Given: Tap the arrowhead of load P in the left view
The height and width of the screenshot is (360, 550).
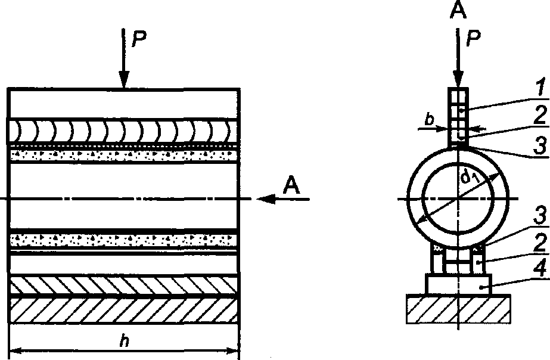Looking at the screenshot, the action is point(124,79).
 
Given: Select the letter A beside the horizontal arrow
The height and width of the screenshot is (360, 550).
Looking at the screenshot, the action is point(291,185).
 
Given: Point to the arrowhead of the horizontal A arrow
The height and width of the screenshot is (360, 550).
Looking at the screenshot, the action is point(266,199).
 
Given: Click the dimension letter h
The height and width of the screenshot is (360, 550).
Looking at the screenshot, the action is point(123,340).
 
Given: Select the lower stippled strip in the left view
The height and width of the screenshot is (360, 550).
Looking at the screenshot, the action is point(123,240).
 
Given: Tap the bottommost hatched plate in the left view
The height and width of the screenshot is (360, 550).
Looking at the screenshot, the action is point(123,310).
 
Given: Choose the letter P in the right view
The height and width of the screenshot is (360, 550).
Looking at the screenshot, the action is point(473,38).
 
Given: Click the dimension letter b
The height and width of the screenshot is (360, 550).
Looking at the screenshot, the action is point(429,120).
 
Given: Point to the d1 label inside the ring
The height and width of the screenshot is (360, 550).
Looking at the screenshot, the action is point(470,177).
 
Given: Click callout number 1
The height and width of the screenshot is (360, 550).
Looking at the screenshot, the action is point(541,88).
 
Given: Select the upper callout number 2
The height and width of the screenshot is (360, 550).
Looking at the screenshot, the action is point(540,115).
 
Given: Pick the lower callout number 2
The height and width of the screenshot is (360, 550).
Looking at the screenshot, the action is point(540,243).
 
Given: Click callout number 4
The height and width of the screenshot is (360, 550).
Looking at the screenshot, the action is point(540,269).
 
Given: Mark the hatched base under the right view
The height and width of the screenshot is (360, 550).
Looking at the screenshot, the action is point(458,309).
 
